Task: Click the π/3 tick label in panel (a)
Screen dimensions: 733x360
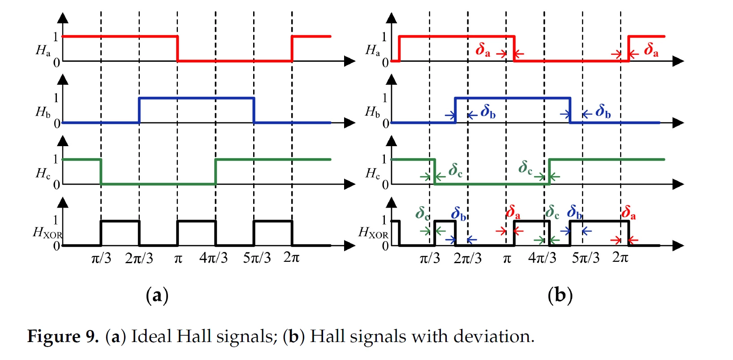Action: pos(101,258)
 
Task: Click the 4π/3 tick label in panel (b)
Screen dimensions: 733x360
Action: pos(542,258)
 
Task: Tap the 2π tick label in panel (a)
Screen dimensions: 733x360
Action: pos(291,258)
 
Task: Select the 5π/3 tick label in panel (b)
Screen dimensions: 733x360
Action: pos(586,258)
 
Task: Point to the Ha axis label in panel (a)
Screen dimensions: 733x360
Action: pos(43,51)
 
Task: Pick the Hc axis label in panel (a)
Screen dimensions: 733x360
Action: pos(43,173)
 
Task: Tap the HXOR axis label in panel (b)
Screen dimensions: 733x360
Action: pos(373,233)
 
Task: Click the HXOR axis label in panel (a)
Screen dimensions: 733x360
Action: pos(47,233)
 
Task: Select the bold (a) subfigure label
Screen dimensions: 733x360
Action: pos(157,295)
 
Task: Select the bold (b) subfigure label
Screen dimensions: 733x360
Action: pos(560,295)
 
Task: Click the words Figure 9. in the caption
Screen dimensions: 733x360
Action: pos(63,336)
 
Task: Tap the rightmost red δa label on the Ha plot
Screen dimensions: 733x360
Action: pos(651,50)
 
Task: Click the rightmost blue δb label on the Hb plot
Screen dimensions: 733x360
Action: pos(603,111)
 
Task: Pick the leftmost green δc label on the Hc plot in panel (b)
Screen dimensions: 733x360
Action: pos(455,170)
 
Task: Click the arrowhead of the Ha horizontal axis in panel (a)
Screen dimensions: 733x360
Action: pos(350,61)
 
